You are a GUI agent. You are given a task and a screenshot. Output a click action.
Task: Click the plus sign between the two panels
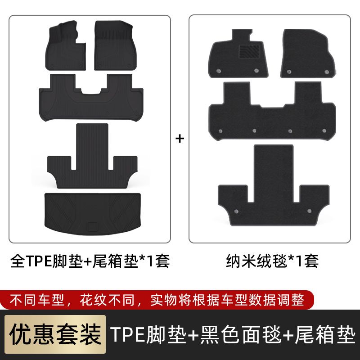pyautogui.click(x=180, y=139)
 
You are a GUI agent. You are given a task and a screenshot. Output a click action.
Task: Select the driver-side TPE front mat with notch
pyautogui.click(x=65, y=46)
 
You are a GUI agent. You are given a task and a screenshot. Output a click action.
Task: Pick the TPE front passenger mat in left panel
pyautogui.click(x=115, y=45)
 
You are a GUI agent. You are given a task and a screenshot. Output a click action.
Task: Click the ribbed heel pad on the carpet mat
pyautogui.click(x=249, y=51)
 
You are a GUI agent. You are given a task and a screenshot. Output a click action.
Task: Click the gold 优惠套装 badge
pyautogui.click(x=55, y=334)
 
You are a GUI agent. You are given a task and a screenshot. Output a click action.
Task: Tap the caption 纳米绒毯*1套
pyautogui.click(x=272, y=261)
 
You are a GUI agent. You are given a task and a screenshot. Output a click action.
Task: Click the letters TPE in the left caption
pyautogui.click(x=39, y=261)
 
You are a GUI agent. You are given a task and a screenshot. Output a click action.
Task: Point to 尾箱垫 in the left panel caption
pyautogui.click(x=115, y=261)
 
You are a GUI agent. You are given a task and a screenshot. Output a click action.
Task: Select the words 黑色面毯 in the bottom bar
pyautogui.click(x=241, y=334)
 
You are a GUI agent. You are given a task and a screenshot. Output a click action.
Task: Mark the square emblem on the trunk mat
pyautogui.click(x=93, y=226)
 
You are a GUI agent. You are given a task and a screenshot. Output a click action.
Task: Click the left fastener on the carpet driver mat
pyautogui.click(x=219, y=71)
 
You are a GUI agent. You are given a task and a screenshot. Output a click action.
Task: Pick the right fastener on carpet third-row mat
pyautogui.click(x=309, y=211)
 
